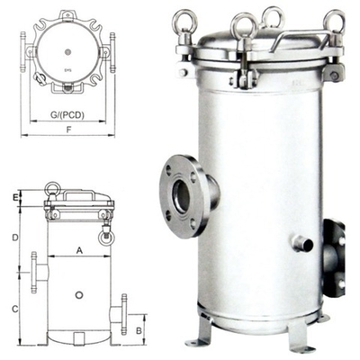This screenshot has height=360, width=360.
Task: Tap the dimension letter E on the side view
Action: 16,195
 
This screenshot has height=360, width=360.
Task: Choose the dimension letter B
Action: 139,330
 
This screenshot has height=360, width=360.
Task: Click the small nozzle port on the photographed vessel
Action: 302,243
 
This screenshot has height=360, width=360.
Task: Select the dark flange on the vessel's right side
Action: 335,258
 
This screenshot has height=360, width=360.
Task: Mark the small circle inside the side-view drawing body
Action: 79,294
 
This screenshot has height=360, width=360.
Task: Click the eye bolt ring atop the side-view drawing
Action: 52,190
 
